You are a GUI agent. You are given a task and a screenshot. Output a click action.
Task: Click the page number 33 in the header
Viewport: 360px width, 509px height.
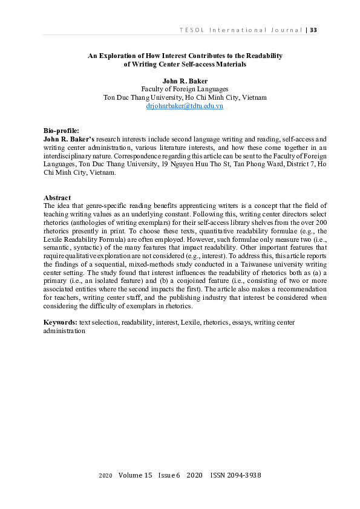[313, 30]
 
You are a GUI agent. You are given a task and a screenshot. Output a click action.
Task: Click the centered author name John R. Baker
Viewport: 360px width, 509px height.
[185, 80]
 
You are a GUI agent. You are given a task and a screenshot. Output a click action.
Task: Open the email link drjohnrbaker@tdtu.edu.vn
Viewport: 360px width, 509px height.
[185, 106]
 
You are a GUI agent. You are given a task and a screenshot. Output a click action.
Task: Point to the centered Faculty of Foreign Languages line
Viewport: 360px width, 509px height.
[185, 89]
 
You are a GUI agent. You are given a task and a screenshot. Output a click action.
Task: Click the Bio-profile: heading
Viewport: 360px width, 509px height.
[61, 131]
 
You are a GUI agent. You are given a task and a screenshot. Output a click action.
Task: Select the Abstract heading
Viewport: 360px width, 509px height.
[57, 198]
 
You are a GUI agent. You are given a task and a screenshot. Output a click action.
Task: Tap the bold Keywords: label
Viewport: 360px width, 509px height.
[61, 323]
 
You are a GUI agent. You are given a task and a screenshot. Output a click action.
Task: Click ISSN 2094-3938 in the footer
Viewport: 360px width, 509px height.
[235, 476]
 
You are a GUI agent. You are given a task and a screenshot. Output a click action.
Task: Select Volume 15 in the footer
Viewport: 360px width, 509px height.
[136, 476]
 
